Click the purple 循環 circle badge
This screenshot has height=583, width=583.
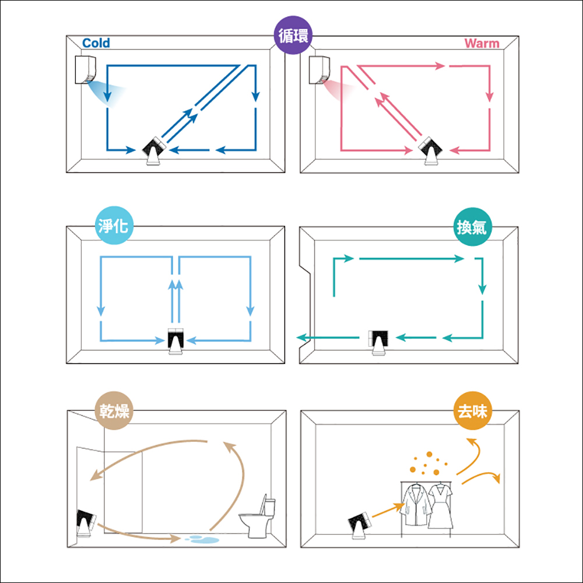(x=293, y=35)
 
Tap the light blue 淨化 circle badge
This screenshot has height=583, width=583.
(x=114, y=225)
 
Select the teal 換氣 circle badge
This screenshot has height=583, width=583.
(x=472, y=226)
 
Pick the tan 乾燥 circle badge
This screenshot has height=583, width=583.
(x=114, y=410)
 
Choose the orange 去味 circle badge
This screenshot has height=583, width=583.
(x=472, y=411)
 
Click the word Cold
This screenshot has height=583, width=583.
(x=96, y=43)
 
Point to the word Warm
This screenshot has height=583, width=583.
(x=482, y=44)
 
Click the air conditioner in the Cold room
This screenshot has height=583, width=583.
(x=86, y=69)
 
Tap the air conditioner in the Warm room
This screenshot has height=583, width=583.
(x=319, y=70)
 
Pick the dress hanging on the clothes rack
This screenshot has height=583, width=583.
(x=441, y=506)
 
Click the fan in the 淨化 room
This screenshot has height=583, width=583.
(x=175, y=341)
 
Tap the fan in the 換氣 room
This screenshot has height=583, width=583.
(x=378, y=342)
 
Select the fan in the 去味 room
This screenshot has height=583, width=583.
(x=359, y=525)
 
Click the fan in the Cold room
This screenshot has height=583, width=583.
(x=153, y=150)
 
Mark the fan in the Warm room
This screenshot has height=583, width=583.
(x=431, y=151)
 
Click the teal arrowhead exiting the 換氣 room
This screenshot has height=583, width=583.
(x=301, y=338)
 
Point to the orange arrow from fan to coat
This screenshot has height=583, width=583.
(x=388, y=510)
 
